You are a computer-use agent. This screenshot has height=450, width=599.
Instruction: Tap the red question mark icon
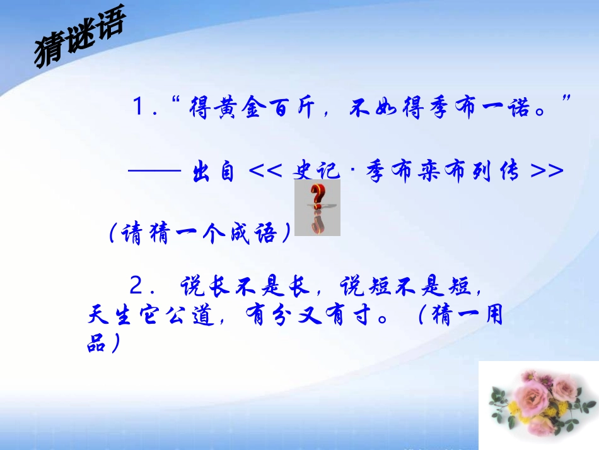317,207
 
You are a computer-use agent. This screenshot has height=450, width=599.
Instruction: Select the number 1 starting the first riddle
138,108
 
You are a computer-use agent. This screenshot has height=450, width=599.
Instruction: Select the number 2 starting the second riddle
137,287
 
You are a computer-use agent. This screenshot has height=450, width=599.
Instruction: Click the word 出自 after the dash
212,171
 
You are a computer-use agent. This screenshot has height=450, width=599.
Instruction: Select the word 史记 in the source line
317,171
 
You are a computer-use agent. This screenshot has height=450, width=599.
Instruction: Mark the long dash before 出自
154,171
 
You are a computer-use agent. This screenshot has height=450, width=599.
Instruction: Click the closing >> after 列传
546,171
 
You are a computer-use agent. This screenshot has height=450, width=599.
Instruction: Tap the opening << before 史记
265,171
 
